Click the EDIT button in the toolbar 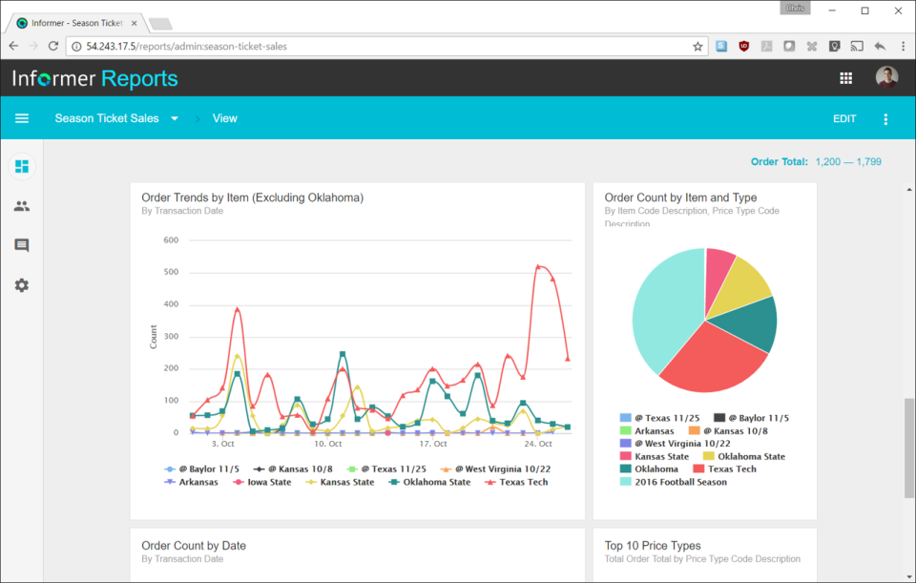point(844,119)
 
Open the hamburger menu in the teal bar point(22,118)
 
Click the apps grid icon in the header point(845,78)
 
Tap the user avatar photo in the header point(886,78)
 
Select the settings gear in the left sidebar point(22,285)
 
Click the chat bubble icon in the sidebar point(22,245)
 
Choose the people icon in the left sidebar point(22,206)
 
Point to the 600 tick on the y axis point(171,240)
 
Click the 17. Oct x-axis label point(432,444)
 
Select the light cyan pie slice point(663,305)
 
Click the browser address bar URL point(186,46)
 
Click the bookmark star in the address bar point(697,46)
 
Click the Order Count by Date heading point(194,546)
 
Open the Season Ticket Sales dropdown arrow point(175,119)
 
